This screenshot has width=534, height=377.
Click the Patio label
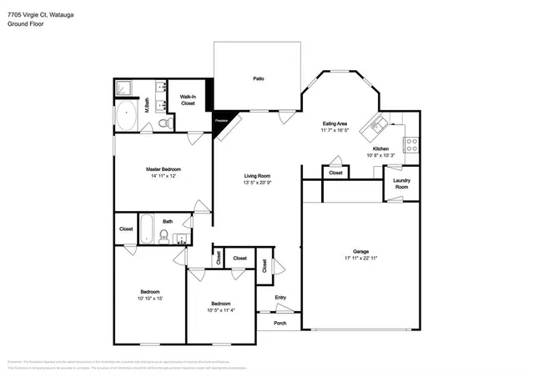(x=259, y=79)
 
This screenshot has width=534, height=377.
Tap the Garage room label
(x=361, y=251)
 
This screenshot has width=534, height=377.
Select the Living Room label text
(x=257, y=175)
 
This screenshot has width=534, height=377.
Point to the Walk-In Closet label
(x=188, y=100)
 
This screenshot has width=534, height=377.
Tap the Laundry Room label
(x=401, y=183)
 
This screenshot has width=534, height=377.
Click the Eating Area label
(x=335, y=123)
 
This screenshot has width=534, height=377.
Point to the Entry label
(x=280, y=298)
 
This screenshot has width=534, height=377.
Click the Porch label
(x=280, y=324)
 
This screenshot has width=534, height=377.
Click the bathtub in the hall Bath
(x=148, y=227)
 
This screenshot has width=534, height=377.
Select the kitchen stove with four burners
(x=411, y=144)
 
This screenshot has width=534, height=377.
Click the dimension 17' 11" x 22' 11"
(x=361, y=259)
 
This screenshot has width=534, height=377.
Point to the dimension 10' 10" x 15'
(x=150, y=299)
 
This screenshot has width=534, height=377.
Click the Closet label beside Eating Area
(x=335, y=173)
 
